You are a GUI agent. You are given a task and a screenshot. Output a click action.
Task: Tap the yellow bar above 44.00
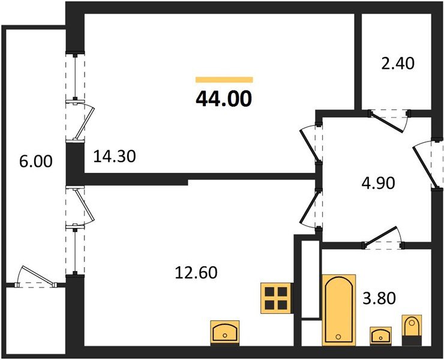(224, 79)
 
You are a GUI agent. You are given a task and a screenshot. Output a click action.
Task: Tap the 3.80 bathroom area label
(379, 298)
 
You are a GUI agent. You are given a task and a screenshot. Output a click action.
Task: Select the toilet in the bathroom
(412, 328)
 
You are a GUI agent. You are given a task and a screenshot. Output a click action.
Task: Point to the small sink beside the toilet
(380, 334)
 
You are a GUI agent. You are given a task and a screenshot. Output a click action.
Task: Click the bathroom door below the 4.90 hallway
(383, 238)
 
